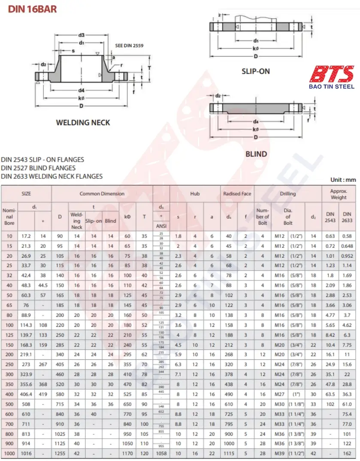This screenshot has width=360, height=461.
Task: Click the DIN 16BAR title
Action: point(33,9)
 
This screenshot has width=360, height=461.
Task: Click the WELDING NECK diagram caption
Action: point(83,123)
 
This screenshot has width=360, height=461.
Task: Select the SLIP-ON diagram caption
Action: point(256,71)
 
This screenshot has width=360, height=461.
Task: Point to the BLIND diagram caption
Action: point(256,154)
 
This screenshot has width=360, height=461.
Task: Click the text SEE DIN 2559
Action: point(129,45)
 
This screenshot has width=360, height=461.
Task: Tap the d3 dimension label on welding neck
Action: point(81,35)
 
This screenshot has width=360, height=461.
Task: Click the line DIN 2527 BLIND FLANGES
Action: point(38,168)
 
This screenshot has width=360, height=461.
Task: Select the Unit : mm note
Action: point(343,180)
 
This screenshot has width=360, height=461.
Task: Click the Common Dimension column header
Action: point(102,194)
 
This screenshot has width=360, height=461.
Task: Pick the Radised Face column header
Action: point(237,194)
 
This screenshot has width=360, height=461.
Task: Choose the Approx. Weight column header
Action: point(339,194)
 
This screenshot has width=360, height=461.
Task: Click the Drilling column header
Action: point(288,194)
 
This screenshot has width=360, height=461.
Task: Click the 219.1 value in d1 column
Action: point(26,355)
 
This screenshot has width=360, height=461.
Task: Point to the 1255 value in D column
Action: point(60,453)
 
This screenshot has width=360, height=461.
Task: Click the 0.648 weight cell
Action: point(347,246)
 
